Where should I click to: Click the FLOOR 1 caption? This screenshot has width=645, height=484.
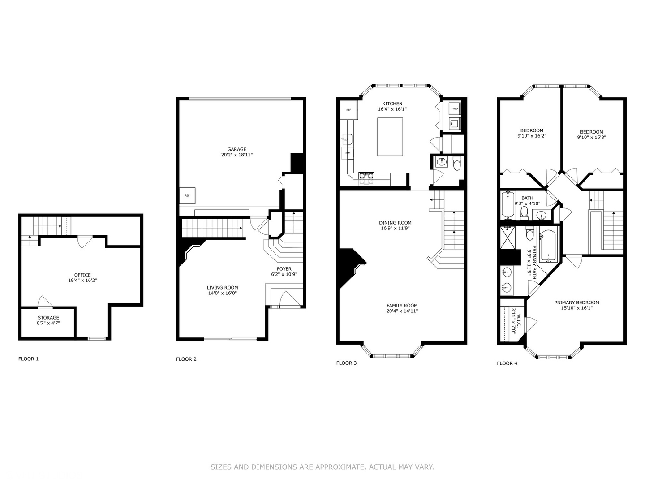[x=28, y=359]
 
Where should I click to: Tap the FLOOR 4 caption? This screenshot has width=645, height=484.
[x=507, y=363]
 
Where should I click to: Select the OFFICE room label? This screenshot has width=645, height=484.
[x=82, y=275]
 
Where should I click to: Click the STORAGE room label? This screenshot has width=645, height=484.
[x=48, y=318]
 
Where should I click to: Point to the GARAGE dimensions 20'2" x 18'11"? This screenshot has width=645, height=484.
[x=236, y=155]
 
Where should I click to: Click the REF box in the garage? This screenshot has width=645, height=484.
[x=187, y=195]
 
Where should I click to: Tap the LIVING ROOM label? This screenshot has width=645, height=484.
[x=222, y=288]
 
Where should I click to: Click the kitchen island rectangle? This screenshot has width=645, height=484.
[x=390, y=137]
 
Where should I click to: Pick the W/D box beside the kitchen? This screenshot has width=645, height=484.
[x=455, y=109]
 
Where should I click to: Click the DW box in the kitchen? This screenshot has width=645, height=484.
[x=347, y=153]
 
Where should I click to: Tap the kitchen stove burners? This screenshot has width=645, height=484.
[x=366, y=179]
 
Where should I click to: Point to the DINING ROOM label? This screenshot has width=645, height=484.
[x=395, y=223]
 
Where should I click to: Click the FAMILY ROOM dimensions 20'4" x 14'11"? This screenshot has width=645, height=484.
[x=402, y=311]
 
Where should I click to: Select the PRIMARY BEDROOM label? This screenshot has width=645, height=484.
[x=576, y=302]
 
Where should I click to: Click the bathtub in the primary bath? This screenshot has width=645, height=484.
[x=548, y=246]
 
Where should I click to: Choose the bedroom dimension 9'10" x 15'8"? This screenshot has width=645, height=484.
[x=591, y=138]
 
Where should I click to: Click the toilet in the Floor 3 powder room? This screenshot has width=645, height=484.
[x=456, y=165]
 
